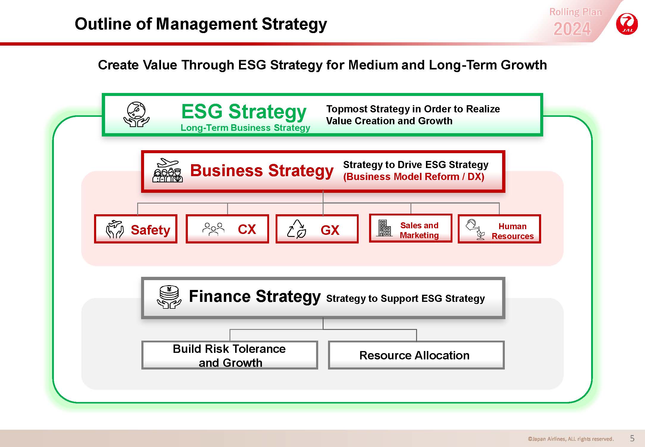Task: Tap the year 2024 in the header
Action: (x=572, y=29)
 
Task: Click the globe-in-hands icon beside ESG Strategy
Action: (x=136, y=115)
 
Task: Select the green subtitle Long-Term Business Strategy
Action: (x=245, y=128)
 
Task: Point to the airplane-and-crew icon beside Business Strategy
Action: (x=167, y=170)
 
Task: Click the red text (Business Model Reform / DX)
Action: (x=414, y=177)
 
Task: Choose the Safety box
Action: (x=136, y=229)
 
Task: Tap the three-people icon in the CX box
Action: (x=213, y=229)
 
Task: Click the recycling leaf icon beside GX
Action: (x=296, y=229)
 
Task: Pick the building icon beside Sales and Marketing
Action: (x=384, y=228)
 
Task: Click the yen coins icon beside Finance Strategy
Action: (x=169, y=297)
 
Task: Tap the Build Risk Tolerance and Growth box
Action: (x=229, y=355)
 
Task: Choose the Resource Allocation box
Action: (x=416, y=355)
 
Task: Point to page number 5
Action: (x=632, y=438)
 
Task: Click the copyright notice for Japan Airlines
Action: (x=571, y=439)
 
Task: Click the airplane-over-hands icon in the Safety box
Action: (x=115, y=229)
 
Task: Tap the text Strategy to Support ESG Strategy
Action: (x=405, y=299)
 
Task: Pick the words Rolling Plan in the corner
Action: (x=575, y=12)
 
